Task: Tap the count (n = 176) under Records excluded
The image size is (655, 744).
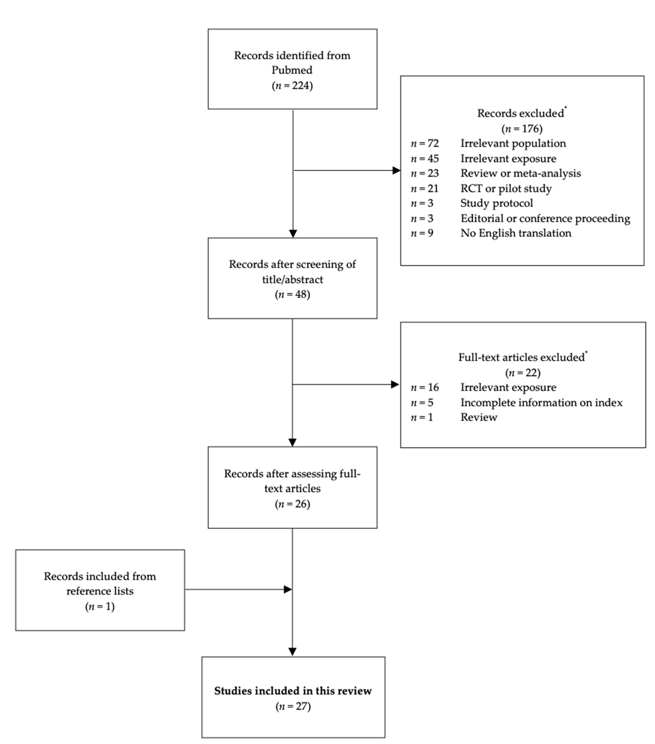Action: (x=522, y=129)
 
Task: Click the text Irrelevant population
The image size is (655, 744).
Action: (x=513, y=143)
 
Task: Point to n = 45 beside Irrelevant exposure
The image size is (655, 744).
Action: (x=425, y=159)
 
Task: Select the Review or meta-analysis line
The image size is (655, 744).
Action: (x=520, y=173)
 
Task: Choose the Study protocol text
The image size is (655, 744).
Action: (x=496, y=203)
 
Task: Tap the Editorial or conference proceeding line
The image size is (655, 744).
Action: (x=545, y=218)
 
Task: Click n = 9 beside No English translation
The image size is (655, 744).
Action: (x=422, y=233)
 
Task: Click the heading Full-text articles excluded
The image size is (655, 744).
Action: (x=521, y=357)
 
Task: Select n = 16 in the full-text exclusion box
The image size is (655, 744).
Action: (x=425, y=387)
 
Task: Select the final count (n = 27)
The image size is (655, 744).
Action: (x=293, y=707)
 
